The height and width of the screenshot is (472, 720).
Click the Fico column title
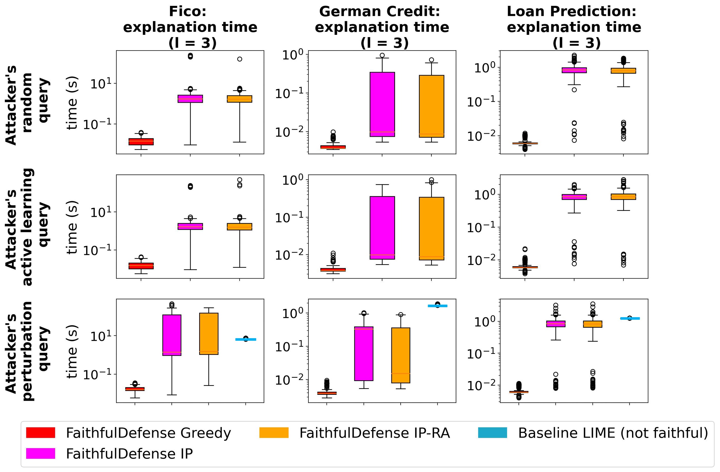click(x=190, y=27)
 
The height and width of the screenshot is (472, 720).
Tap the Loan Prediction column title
click(x=574, y=27)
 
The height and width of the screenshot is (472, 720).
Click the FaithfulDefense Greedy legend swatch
click(x=40, y=432)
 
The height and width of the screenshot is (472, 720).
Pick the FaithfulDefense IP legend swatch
click(x=40, y=453)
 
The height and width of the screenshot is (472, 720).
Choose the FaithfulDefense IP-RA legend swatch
click(x=274, y=432)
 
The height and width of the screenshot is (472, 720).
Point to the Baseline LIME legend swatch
click(x=492, y=432)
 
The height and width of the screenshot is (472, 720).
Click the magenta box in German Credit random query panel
click(x=382, y=104)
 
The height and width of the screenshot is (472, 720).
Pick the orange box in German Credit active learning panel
click(x=431, y=228)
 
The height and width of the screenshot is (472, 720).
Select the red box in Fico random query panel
click(x=141, y=141)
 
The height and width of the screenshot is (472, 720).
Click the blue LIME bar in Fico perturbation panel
click(x=246, y=339)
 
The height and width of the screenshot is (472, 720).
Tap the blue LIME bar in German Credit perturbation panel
click(x=438, y=306)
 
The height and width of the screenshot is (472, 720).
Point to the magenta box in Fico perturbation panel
click(x=172, y=335)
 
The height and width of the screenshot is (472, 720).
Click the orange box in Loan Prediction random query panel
click(x=623, y=70)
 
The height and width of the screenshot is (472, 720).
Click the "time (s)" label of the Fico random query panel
click(x=72, y=103)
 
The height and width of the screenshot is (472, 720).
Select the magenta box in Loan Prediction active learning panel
click(x=574, y=197)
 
